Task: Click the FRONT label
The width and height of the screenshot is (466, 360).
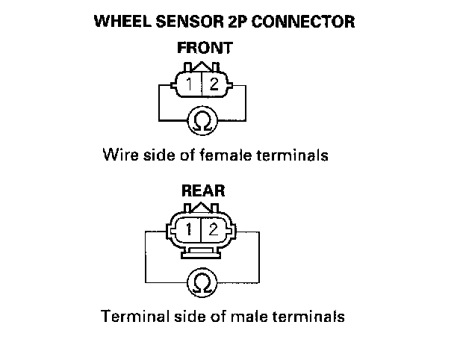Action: pos(204,49)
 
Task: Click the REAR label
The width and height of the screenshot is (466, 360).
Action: pos(203,191)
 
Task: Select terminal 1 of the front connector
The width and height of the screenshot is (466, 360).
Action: pos(191,84)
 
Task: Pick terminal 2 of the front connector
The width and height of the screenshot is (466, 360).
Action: pos(214,84)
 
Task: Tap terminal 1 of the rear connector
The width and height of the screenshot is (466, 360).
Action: pos(191,229)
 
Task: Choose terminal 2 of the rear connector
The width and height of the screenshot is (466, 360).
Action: pos(214,229)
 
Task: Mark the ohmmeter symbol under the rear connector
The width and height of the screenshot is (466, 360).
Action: pos(202,282)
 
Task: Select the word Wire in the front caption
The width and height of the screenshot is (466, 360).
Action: pos(118,156)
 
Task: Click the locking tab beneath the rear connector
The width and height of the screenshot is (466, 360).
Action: pos(202,249)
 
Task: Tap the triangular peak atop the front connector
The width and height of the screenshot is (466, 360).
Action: pos(203,67)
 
